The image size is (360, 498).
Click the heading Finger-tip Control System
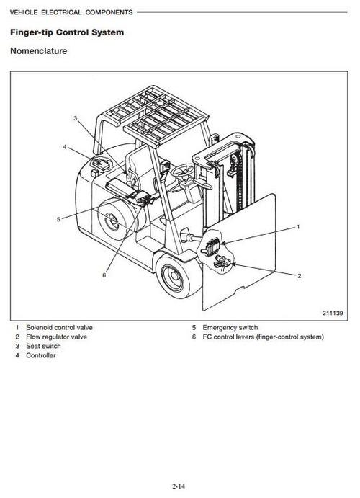pyautogui.click(x=66, y=33)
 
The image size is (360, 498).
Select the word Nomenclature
pyautogui.click(x=39, y=52)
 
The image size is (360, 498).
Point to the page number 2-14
pyautogui.click(x=180, y=486)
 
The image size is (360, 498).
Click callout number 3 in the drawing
pyautogui.click(x=75, y=117)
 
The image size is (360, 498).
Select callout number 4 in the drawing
pyautogui.click(x=65, y=147)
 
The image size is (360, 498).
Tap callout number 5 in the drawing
pyautogui.click(x=59, y=219)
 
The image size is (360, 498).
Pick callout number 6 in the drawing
pyautogui.click(x=104, y=275)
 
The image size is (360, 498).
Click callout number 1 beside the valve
pyautogui.click(x=298, y=227)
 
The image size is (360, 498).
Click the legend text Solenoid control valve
pyautogui.click(x=59, y=327)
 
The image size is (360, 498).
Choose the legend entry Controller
pyautogui.click(x=40, y=356)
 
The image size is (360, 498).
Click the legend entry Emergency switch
pyautogui.click(x=230, y=327)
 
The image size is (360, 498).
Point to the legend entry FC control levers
pyautogui.click(x=263, y=337)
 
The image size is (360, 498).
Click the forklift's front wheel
pyautogui.click(x=175, y=277)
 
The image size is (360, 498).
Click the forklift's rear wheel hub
pyautogui.click(x=112, y=225)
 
